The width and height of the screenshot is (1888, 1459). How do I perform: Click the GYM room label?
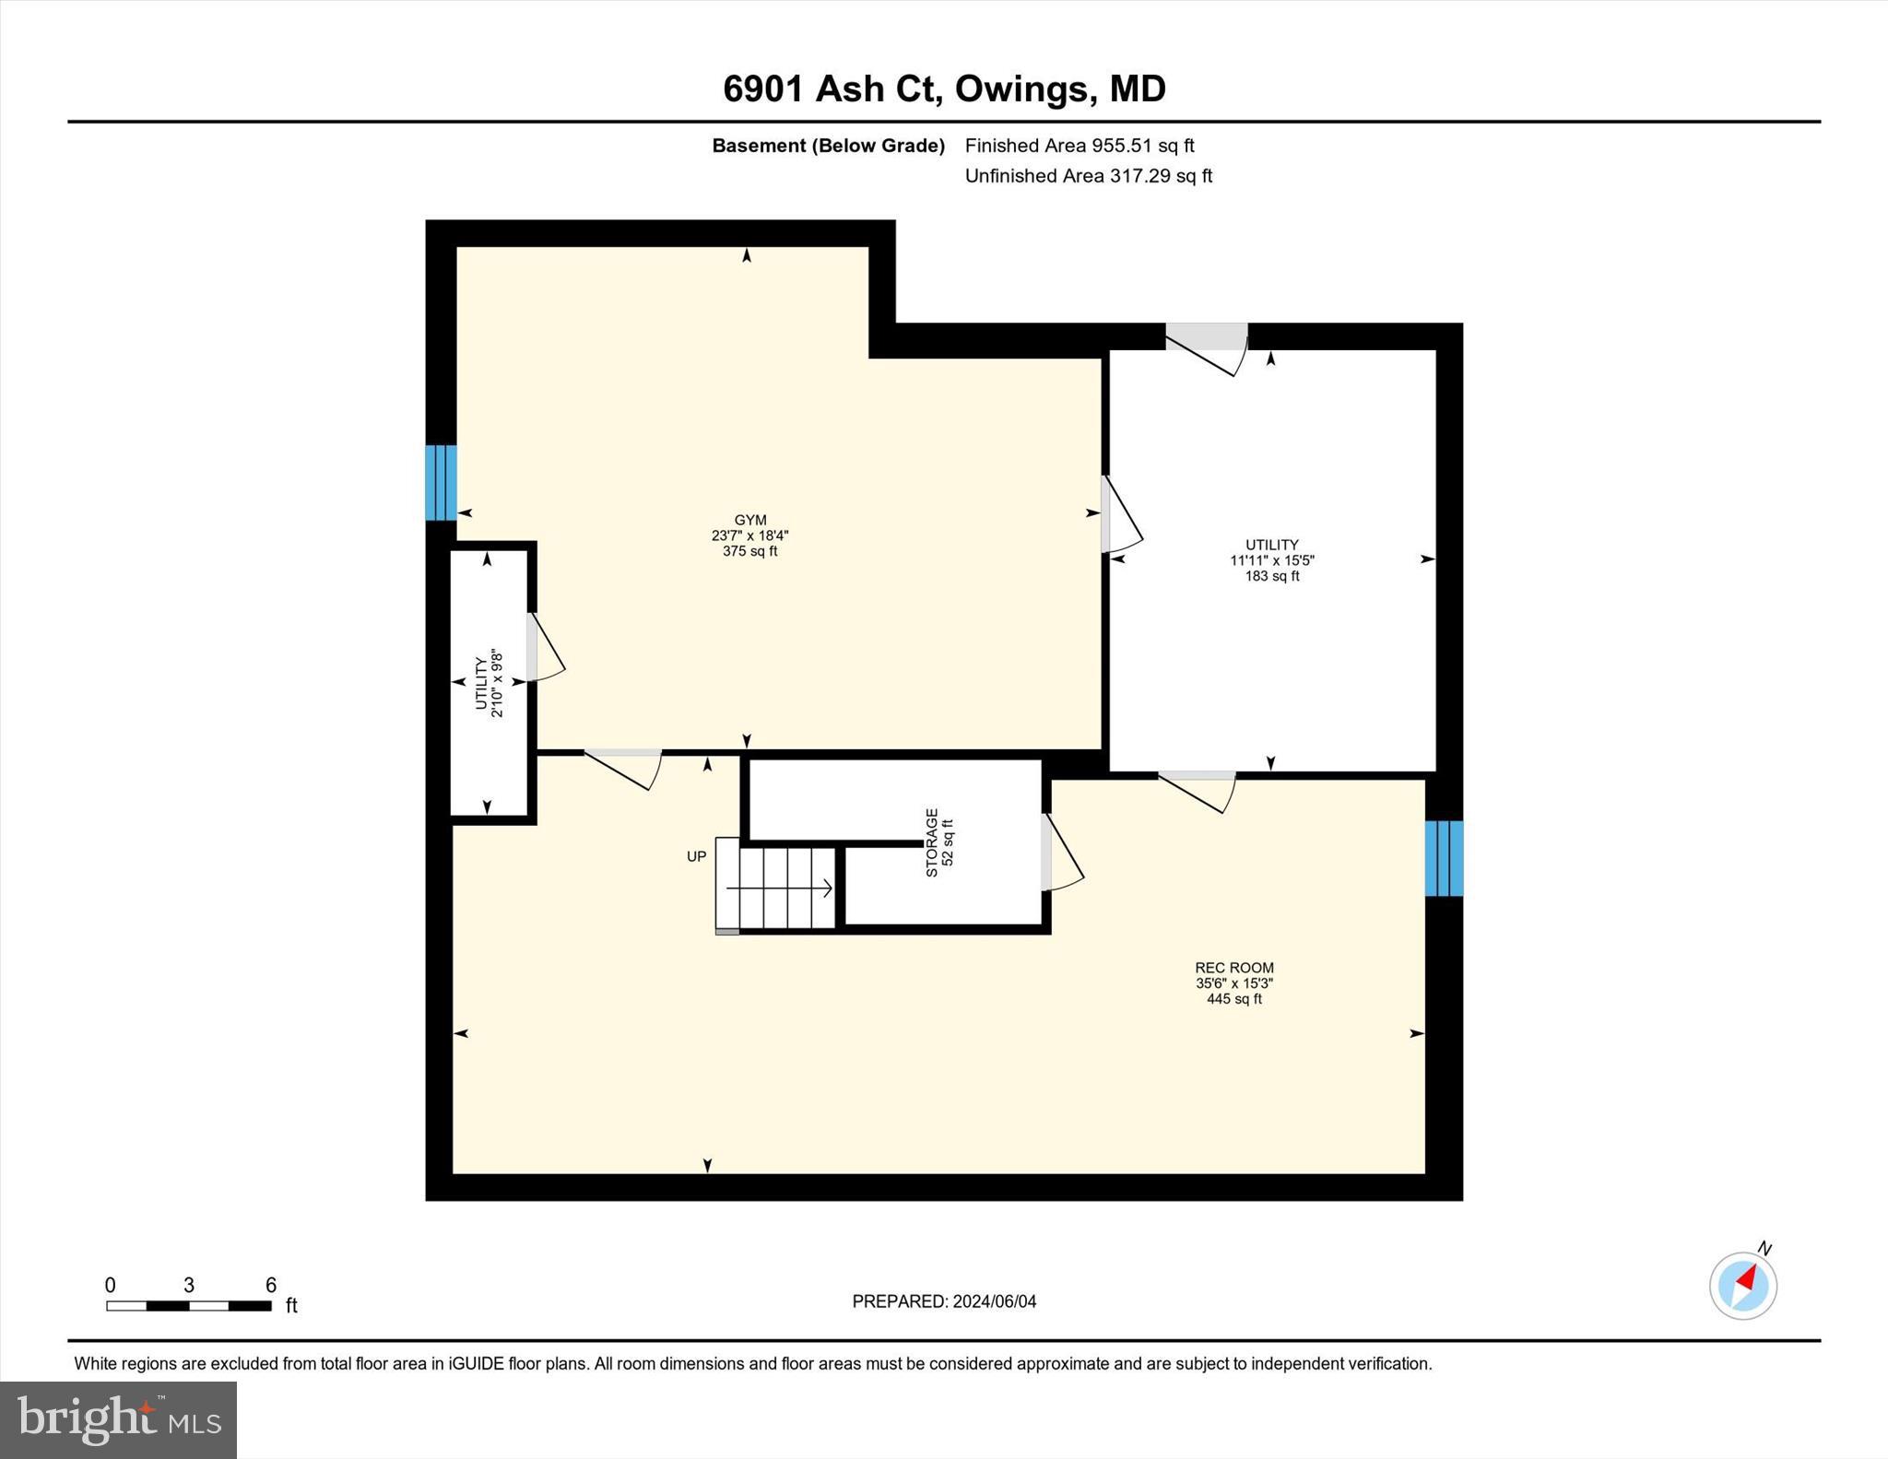coord(749,535)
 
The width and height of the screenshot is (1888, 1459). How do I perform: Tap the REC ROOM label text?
coord(1233,982)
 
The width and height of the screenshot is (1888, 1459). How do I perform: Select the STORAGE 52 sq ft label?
coord(938,842)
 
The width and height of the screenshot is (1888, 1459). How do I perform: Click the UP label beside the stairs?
coord(696,856)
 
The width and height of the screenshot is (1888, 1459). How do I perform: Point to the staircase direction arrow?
coord(779,888)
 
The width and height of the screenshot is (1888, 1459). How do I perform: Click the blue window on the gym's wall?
coord(441,483)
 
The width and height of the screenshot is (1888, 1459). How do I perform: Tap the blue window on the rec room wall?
coord(1444,858)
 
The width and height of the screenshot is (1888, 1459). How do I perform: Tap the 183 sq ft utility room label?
coord(1271,559)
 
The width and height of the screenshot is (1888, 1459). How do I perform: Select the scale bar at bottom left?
coord(189,1305)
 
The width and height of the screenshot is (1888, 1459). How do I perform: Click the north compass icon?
coord(1742,1285)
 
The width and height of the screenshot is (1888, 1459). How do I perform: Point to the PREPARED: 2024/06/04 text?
coord(944,1301)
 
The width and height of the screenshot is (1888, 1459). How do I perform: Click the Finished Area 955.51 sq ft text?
coord(1079,146)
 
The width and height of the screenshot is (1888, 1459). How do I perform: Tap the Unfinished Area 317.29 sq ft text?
coord(1088,176)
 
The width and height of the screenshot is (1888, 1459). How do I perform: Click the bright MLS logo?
coord(118,1419)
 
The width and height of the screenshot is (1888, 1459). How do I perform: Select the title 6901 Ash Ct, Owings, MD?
coord(944,88)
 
